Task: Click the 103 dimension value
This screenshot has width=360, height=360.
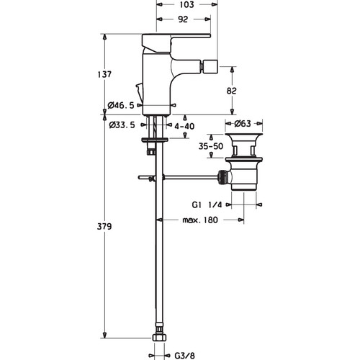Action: pos(186,4)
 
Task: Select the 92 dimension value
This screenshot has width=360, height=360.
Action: pos(183,19)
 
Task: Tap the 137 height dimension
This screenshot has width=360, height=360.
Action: pos(104,74)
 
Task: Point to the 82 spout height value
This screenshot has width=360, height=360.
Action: pos(231,91)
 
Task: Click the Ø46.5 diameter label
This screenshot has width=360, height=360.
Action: pos(121,105)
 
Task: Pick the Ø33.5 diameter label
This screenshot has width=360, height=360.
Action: pos(122,125)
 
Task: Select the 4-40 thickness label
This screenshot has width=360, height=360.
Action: pos(184,126)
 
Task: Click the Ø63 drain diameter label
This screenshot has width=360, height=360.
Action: pos(243,124)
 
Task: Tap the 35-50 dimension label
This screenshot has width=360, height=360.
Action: pos(211,146)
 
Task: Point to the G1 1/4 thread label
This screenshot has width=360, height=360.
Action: pos(207,204)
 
